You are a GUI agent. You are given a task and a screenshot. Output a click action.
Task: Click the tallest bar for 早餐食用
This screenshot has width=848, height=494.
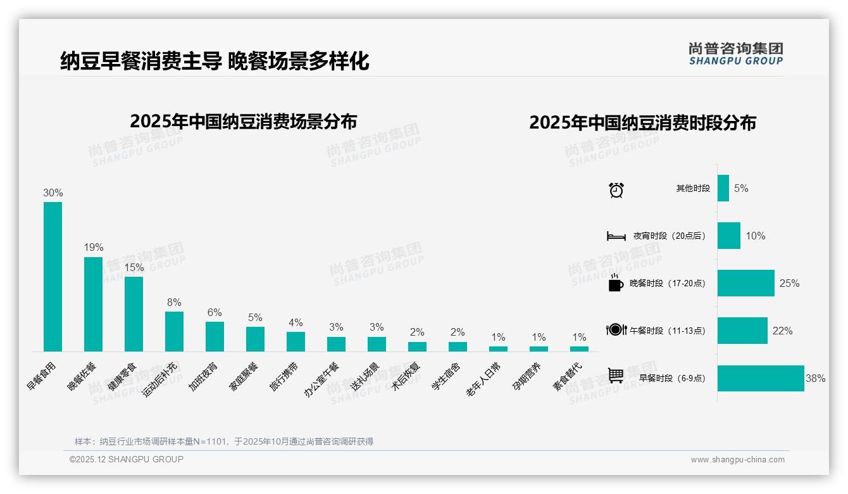click(x=53, y=276)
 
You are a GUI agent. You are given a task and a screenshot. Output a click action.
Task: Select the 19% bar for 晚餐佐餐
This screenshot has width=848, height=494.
click(x=93, y=304)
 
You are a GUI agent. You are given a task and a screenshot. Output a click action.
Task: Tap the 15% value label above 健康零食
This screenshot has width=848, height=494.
click(x=134, y=268)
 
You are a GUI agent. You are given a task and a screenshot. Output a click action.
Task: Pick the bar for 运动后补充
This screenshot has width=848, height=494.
click(x=174, y=331)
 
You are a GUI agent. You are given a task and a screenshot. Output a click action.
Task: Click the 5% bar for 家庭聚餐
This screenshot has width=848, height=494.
click(x=255, y=339)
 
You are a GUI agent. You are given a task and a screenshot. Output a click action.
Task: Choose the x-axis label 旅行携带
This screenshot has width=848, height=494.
click(x=285, y=377)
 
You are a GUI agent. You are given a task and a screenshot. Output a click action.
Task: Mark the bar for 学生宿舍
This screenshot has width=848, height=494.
click(x=458, y=346)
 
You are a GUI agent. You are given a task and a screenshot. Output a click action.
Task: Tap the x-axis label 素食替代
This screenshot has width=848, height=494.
click(x=568, y=377)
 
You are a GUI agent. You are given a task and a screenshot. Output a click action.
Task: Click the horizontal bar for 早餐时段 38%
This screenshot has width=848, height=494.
click(x=761, y=378)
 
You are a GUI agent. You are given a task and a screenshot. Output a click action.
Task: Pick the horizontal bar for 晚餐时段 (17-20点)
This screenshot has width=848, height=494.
click(x=745, y=283)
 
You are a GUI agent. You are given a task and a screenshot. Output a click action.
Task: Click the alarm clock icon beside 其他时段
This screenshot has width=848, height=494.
click(x=616, y=189)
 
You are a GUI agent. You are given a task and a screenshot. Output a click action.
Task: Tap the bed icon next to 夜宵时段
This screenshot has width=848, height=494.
click(x=616, y=236)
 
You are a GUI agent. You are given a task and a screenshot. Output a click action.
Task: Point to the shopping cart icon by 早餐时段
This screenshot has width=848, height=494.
click(x=616, y=376)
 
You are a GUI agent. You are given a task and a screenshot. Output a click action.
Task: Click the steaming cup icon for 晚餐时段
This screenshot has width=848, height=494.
click(x=616, y=282)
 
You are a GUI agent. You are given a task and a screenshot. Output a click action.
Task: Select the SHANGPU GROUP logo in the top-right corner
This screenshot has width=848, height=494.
click(x=735, y=54)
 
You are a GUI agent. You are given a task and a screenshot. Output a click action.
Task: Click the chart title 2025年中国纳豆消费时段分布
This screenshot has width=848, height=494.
click(x=642, y=123)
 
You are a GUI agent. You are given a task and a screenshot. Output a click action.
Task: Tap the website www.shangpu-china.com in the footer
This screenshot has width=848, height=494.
click(x=737, y=460)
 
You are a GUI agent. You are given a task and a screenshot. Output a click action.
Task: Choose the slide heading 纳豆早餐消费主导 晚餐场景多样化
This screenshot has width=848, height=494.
click(x=215, y=61)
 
